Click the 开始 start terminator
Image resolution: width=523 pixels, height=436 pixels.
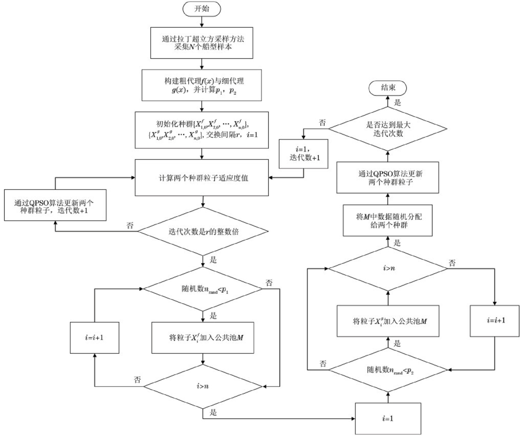click(201, 9)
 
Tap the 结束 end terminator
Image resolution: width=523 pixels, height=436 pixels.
click(387, 88)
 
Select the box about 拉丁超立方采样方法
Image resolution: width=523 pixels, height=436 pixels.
click(201, 43)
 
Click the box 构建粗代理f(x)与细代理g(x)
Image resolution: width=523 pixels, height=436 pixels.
click(201, 85)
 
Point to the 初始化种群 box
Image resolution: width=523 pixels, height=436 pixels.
click(201, 130)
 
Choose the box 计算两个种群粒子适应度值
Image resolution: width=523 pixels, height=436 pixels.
click(201, 178)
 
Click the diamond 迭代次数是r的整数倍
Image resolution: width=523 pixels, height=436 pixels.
click(203, 231)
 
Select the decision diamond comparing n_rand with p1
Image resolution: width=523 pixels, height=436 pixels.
click(203, 289)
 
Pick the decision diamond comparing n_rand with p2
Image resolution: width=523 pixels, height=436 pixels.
click(388, 370)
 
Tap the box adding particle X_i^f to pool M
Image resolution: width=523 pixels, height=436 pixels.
click(203, 338)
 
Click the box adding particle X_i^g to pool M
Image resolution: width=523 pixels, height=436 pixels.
click(388, 321)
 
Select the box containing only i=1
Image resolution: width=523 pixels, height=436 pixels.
click(388, 418)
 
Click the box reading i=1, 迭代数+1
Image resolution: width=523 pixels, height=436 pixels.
click(303, 154)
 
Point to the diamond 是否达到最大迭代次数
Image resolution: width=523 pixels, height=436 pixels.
click(388, 129)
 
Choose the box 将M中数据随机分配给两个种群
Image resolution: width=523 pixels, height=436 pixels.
click(388, 220)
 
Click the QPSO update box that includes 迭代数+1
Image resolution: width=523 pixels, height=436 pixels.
click(55, 205)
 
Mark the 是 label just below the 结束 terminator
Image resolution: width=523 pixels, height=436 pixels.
click(397, 103)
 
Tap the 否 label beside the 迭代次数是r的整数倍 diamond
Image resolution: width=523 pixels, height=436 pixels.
click(130, 225)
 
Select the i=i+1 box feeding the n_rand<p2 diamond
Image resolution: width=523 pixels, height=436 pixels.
click(495, 321)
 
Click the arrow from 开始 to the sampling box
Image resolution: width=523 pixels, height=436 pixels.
click(202, 22)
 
